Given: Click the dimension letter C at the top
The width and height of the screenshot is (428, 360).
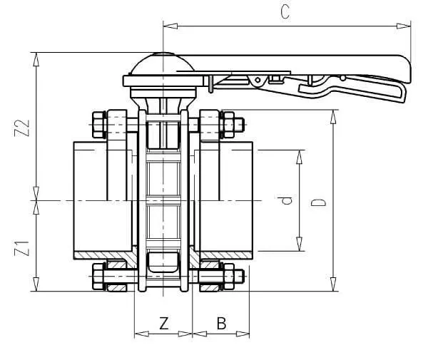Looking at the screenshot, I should coord(285,14).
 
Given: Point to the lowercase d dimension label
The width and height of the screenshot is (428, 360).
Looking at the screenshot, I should coord(287,201).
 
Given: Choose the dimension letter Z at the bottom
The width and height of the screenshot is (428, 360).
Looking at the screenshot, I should coord(163,324).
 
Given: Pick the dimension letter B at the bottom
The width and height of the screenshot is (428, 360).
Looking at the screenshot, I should coord(221,324).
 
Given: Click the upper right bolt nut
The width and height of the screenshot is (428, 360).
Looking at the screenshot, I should coord(230,124).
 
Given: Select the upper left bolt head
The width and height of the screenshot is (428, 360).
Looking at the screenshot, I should coord(98,124).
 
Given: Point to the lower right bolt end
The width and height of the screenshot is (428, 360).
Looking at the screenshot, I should coord(242,277).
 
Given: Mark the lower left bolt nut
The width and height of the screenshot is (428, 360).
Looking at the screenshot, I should coord(98,277).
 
